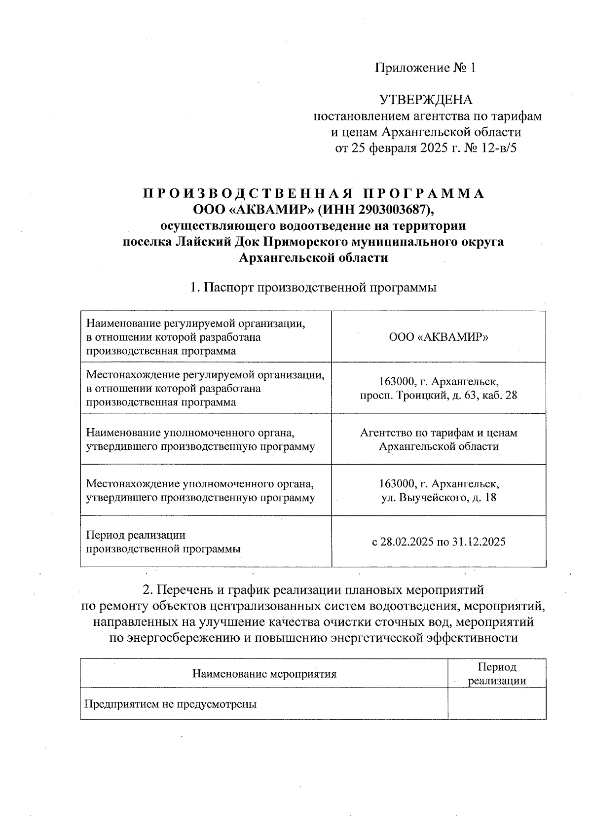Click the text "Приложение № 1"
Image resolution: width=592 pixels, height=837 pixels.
(x=425, y=68)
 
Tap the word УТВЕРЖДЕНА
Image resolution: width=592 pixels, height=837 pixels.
(x=426, y=100)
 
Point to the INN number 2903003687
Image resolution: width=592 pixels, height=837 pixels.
(x=392, y=210)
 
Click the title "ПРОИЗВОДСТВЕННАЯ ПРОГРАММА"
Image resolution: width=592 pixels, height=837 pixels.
(x=314, y=193)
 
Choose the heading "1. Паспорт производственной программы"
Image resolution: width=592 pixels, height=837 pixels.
(x=313, y=288)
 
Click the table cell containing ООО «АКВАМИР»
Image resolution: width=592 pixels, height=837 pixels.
(x=439, y=337)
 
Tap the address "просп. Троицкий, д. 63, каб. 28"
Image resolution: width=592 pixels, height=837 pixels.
(x=439, y=395)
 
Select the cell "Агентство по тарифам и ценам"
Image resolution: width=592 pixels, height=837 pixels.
(x=439, y=433)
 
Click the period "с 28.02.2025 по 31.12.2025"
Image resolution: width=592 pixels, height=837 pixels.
(x=439, y=542)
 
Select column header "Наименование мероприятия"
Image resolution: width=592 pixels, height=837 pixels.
(x=264, y=674)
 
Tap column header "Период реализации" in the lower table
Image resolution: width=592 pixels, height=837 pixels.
(x=497, y=674)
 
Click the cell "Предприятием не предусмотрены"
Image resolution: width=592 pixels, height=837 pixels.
(x=171, y=704)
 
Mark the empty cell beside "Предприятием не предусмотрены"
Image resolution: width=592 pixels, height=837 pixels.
(x=497, y=704)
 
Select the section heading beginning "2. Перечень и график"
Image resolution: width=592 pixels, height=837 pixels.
(x=313, y=590)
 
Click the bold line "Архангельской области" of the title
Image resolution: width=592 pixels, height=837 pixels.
(x=313, y=258)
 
